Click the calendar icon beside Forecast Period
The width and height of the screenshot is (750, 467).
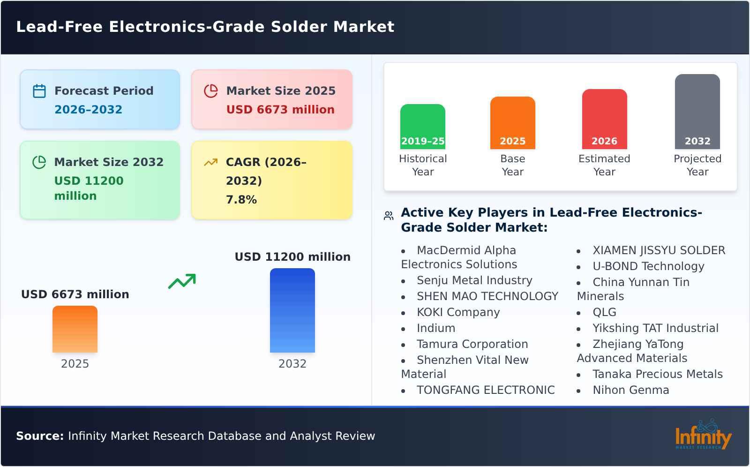39,91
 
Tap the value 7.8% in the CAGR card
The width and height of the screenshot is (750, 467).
241,200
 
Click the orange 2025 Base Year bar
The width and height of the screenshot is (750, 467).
512,122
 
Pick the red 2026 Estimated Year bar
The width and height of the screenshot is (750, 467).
604,119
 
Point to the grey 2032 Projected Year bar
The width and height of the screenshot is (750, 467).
697,111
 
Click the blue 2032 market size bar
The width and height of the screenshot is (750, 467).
292,310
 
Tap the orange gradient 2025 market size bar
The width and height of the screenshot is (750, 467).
75,329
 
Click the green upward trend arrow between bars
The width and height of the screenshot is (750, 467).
182,281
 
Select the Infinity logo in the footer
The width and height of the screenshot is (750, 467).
703,435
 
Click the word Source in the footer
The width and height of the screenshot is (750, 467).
39,436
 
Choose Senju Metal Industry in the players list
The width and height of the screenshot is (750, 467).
474,280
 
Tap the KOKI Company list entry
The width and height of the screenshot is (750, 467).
458,312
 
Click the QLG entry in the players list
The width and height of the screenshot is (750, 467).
604,312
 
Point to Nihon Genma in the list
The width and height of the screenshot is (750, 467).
630,390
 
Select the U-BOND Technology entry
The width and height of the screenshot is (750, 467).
648,266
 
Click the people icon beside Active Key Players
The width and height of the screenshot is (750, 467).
389,216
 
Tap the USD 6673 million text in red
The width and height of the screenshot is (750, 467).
280,110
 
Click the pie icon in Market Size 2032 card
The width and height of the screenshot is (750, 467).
39,162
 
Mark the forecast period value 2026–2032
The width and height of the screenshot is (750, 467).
88,110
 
